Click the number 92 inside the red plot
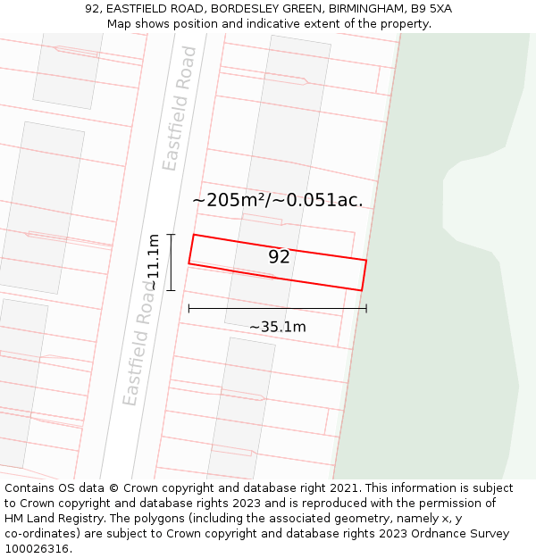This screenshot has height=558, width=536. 279,257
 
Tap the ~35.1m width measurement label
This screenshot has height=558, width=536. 277,327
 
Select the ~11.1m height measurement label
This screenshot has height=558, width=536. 153,262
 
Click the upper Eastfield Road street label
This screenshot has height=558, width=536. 180,108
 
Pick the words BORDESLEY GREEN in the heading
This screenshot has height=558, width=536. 262,9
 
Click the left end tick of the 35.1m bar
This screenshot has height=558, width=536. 188,309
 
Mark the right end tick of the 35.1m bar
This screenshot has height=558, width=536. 366,309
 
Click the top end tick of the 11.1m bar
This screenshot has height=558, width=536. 171,235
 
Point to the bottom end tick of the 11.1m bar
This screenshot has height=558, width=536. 171,290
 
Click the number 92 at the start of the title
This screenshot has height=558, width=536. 92,9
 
